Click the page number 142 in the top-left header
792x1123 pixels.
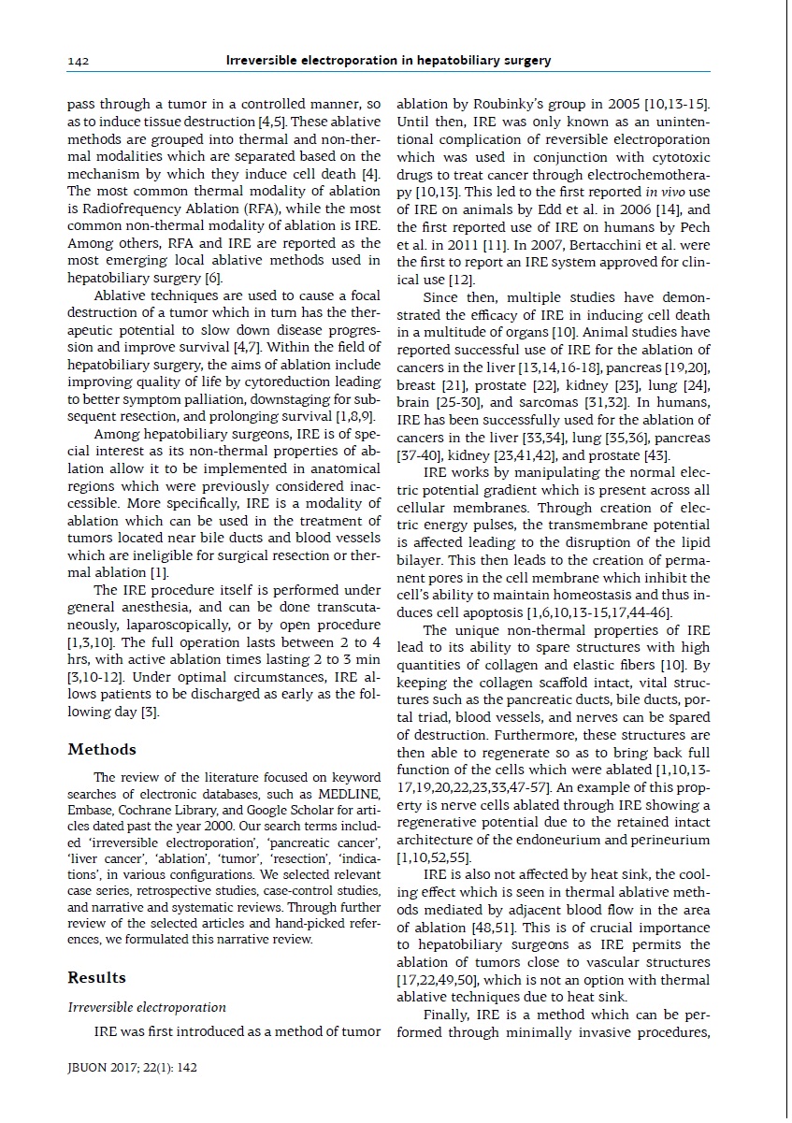click(78, 61)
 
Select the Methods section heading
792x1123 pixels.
click(102, 749)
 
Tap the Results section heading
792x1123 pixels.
click(96, 977)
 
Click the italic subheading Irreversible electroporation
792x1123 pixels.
click(147, 1007)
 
